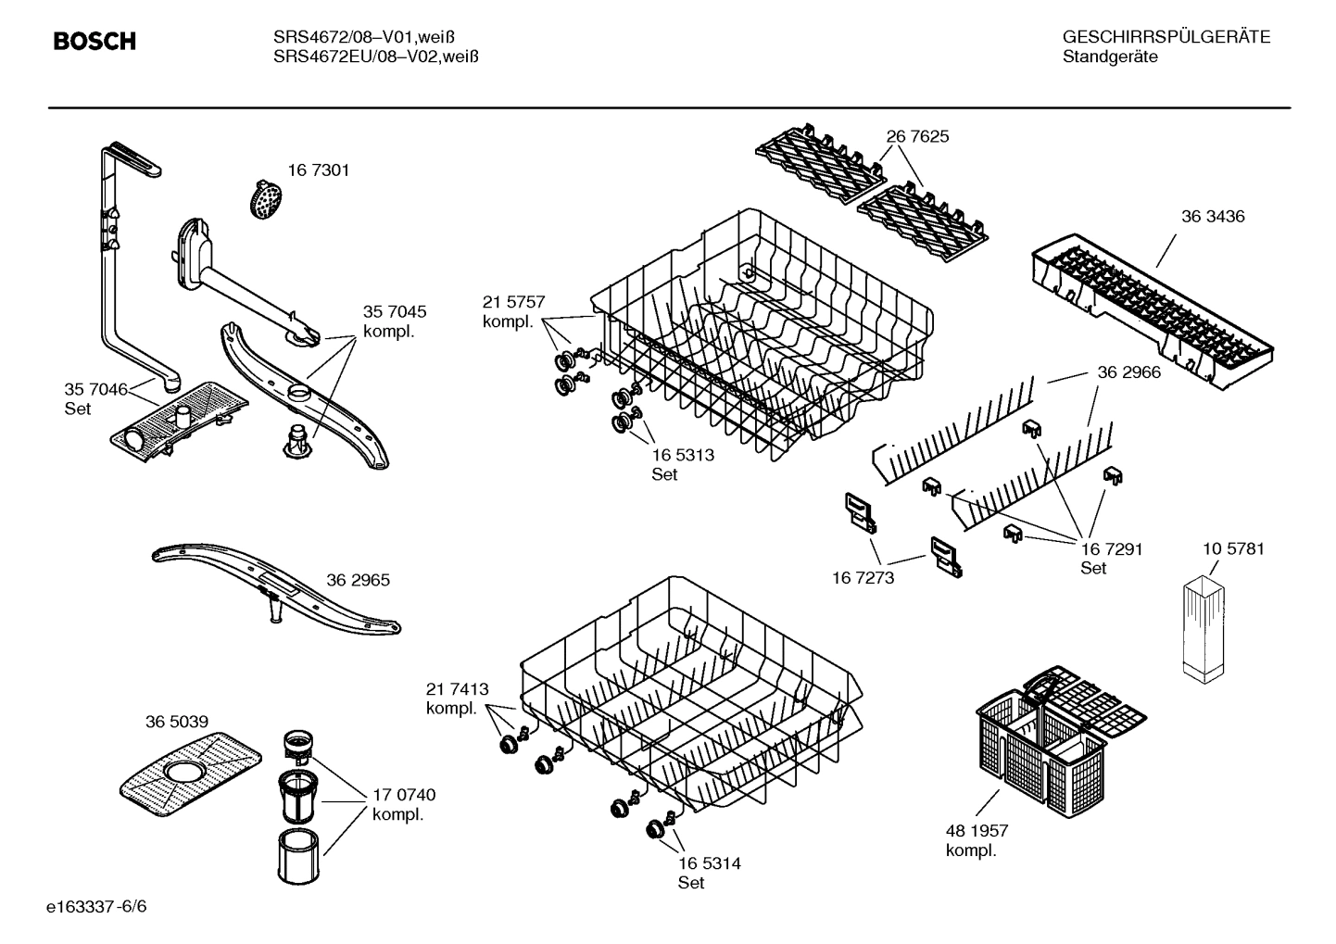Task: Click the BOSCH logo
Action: click(95, 42)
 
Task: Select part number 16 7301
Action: click(318, 170)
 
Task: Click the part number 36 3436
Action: click(1213, 217)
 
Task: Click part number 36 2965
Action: click(358, 581)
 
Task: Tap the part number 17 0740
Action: click(404, 795)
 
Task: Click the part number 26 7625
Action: click(917, 137)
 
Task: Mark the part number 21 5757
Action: click(513, 302)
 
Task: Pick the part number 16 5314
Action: click(709, 863)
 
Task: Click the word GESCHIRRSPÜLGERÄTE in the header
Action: click(1166, 37)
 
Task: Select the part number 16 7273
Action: click(863, 578)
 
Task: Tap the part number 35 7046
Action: click(95, 390)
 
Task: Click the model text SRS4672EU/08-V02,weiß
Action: click(375, 57)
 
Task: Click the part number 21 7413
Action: click(457, 689)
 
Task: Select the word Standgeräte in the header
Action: click(1109, 57)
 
